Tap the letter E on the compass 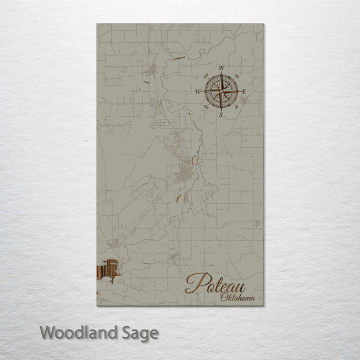click(243, 91)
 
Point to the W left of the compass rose click(198, 91)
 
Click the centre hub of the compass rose click(221, 91)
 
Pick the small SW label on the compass click(210, 102)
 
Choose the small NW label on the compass click(210, 79)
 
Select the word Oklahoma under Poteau click(237, 298)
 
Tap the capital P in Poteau click(194, 283)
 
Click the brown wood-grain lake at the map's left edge click(106, 271)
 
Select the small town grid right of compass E click(245, 100)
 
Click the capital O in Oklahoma click(223, 298)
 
